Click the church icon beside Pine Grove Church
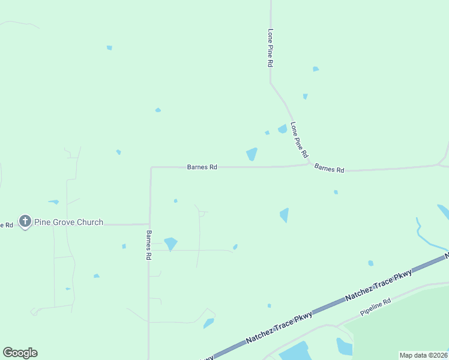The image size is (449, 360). [x=25, y=222]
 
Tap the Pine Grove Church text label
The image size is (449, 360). [x=68, y=222]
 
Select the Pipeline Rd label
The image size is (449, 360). [x=376, y=308]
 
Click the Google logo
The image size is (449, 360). [x=20, y=353]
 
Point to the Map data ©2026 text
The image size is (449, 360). [x=424, y=355]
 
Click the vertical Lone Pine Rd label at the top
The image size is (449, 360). [x=271, y=47]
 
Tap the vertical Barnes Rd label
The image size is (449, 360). [x=148, y=245]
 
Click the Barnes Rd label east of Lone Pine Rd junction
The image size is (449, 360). [x=329, y=169]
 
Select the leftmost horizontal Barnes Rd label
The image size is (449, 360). [x=202, y=167]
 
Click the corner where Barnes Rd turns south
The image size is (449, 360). [x=151, y=168]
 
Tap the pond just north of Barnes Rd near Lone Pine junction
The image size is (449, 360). [x=252, y=154]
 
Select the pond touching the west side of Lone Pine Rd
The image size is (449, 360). [x=282, y=128]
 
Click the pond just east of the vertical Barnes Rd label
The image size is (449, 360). [x=170, y=244]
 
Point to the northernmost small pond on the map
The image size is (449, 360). [x=109, y=47]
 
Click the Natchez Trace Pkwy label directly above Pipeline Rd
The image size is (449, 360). [x=378, y=286]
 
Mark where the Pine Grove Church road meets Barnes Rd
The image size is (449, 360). [x=149, y=224]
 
